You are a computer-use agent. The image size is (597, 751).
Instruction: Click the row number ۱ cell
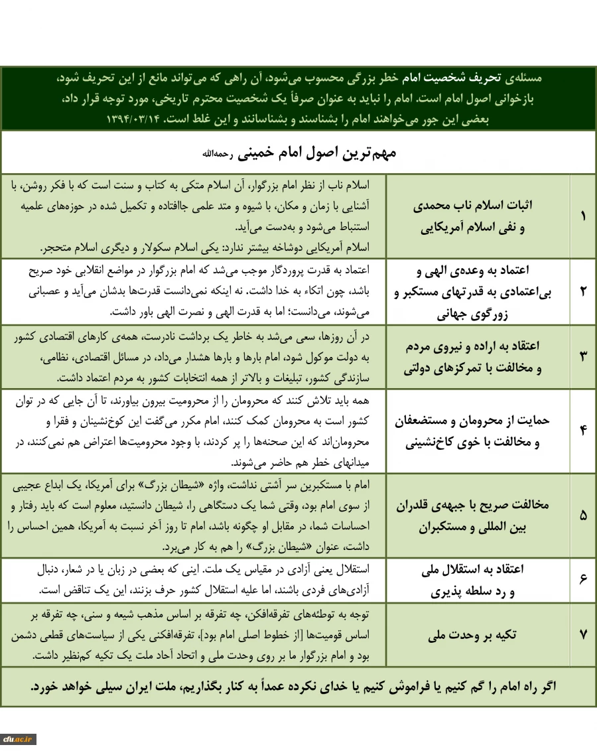pyautogui.click(x=583, y=216)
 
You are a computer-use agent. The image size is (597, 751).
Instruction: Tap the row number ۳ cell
pyautogui.click(x=583, y=356)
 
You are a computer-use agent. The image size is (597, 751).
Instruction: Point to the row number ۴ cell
pyautogui.click(x=583, y=430)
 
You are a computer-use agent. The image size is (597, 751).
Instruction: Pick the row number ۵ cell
pyautogui.click(x=583, y=515)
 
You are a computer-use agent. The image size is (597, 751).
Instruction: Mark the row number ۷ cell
pyautogui.click(x=583, y=634)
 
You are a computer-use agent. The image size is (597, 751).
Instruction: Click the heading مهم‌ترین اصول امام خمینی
pyautogui.click(x=298, y=153)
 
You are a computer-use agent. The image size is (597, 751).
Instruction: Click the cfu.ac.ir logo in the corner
pyautogui.click(x=19, y=738)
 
